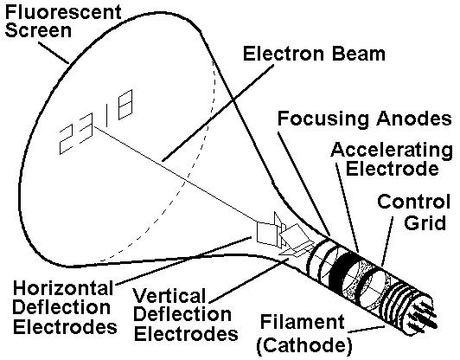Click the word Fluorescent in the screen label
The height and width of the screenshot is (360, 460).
click(x=63, y=12)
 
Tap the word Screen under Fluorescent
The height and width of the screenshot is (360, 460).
click(x=38, y=30)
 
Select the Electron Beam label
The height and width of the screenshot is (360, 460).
click(x=314, y=54)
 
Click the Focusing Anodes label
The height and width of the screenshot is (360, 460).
click(x=365, y=119)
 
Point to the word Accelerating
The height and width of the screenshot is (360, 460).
click(x=392, y=151)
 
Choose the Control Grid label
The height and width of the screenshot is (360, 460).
click(x=414, y=212)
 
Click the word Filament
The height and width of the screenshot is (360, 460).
click(x=302, y=322)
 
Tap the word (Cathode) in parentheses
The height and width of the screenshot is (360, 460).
click(x=304, y=345)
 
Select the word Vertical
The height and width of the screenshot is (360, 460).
click(x=169, y=295)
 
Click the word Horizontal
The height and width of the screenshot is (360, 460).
click(x=63, y=288)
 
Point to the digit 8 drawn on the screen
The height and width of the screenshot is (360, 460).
click(x=125, y=105)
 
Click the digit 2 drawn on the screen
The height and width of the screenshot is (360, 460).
click(x=66, y=139)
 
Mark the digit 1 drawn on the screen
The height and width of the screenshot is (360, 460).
click(x=108, y=111)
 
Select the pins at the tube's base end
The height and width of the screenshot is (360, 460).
click(x=424, y=315)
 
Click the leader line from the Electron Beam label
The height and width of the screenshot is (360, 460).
click(x=218, y=113)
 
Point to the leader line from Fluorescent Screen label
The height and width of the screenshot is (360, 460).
click(x=54, y=53)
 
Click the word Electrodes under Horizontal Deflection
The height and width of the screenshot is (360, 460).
click(x=65, y=327)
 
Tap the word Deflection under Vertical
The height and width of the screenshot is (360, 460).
click(x=182, y=314)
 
